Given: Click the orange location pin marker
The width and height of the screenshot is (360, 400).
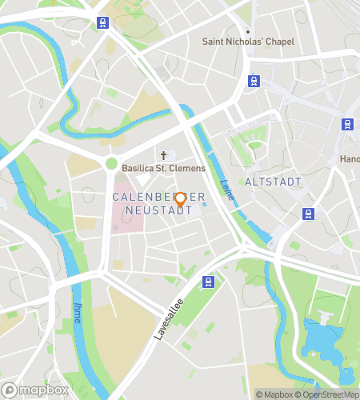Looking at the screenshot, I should tap(181, 200).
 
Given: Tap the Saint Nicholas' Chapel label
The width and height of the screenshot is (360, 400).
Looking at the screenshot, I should tap(248, 42).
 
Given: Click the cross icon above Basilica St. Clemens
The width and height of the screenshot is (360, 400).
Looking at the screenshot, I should tap(165, 155).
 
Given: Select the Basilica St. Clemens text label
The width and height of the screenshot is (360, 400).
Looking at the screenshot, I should tap(164, 169).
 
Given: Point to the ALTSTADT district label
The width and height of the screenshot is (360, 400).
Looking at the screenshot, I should tap(274, 182).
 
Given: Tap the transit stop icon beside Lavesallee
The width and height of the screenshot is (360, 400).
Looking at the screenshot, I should tap(209, 281).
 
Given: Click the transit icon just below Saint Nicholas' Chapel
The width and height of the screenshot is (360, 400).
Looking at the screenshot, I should tap(254, 80).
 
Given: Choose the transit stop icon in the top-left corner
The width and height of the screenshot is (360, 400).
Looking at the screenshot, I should tap(102, 22).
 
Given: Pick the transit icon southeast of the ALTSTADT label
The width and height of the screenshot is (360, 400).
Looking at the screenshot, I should tap(308, 213).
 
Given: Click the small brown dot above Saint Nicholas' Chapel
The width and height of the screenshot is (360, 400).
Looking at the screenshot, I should tap(248, 31).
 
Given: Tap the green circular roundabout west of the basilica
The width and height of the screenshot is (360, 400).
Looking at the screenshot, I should tap(111, 164).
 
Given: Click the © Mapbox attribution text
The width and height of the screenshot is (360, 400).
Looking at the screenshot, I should tap(274, 394).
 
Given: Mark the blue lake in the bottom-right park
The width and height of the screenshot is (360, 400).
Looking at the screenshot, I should tap(323, 341).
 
